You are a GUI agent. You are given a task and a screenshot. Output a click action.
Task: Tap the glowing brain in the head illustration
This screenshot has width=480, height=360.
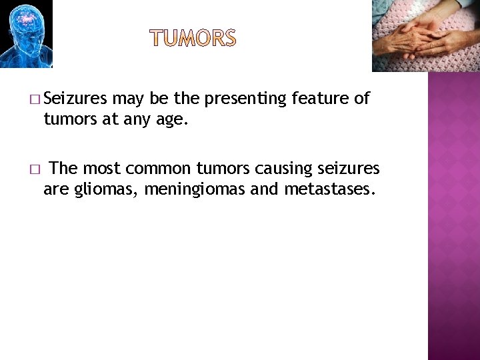[x=25, y=20]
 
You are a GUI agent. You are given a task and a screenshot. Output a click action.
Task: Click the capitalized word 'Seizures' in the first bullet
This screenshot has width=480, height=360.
[x=78, y=99]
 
